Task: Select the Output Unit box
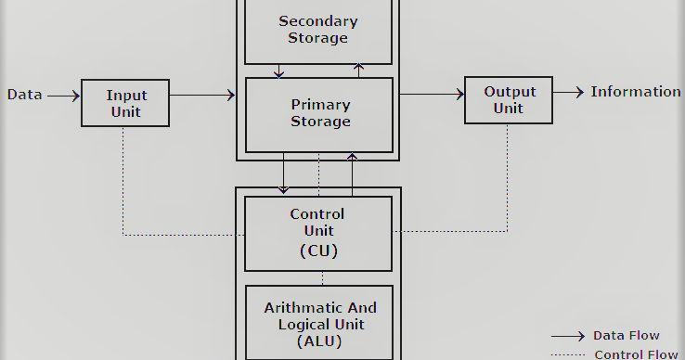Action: click(508, 100)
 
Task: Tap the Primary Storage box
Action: click(319, 113)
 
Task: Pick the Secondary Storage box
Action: click(318, 30)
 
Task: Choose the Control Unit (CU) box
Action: click(318, 233)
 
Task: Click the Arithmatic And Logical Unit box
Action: click(320, 323)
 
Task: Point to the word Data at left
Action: click(23, 95)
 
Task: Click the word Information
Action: click(636, 92)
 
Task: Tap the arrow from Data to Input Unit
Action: click(63, 95)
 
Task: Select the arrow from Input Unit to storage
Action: click(202, 95)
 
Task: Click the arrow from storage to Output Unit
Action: click(432, 94)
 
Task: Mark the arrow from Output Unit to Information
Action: click(570, 92)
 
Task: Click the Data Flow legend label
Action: click(627, 336)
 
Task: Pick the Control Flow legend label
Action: click(636, 354)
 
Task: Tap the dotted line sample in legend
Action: click(567, 354)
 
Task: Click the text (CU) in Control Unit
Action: click(318, 251)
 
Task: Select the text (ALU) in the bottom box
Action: click(320, 341)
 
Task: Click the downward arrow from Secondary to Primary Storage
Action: click(278, 71)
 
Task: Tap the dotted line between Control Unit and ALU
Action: click(322, 278)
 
